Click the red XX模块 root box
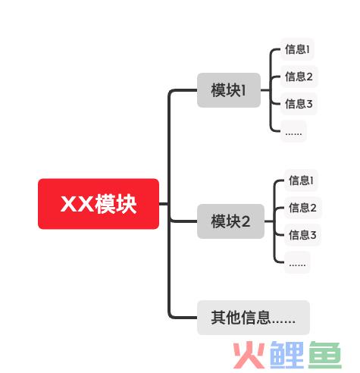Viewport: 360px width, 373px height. click(x=99, y=204)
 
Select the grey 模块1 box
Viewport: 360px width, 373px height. click(x=229, y=90)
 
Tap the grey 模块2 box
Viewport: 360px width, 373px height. click(x=230, y=221)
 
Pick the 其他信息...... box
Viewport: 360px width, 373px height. click(x=253, y=318)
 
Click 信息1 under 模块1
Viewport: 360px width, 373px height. click(x=297, y=49)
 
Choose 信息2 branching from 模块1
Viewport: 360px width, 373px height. click(x=299, y=77)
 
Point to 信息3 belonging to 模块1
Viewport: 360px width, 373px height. click(x=299, y=104)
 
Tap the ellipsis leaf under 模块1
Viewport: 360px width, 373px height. click(x=293, y=131)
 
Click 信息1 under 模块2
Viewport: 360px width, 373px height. click(x=301, y=180)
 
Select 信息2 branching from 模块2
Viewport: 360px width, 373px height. click(x=302, y=208)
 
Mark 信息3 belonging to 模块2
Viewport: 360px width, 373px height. click(x=302, y=235)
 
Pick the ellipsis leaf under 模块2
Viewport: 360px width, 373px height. click(x=297, y=262)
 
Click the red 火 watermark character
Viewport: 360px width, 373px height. click(x=249, y=355)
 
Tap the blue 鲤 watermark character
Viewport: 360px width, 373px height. click(x=287, y=355)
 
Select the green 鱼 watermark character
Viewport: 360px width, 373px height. click(x=325, y=355)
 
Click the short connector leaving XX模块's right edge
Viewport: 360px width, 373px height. click(x=164, y=204)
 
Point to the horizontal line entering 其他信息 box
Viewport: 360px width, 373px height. click(x=184, y=318)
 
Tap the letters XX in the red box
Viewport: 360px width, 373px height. click(x=77, y=204)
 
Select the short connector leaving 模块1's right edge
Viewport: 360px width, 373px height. click(x=265, y=90)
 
